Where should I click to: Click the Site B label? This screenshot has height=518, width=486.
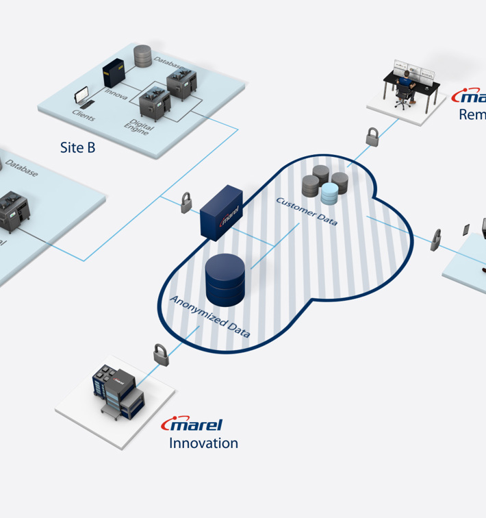(77, 147)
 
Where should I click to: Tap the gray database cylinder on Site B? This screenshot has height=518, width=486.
(142, 56)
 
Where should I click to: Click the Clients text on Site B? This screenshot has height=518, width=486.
(84, 114)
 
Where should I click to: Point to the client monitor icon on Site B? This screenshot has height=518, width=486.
(81, 95)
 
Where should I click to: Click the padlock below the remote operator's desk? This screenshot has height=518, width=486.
(372, 136)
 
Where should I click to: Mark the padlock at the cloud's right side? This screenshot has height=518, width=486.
(436, 241)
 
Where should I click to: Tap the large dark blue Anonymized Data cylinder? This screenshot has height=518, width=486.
(225, 280)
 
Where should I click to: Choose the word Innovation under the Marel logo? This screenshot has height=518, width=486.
(203, 443)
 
